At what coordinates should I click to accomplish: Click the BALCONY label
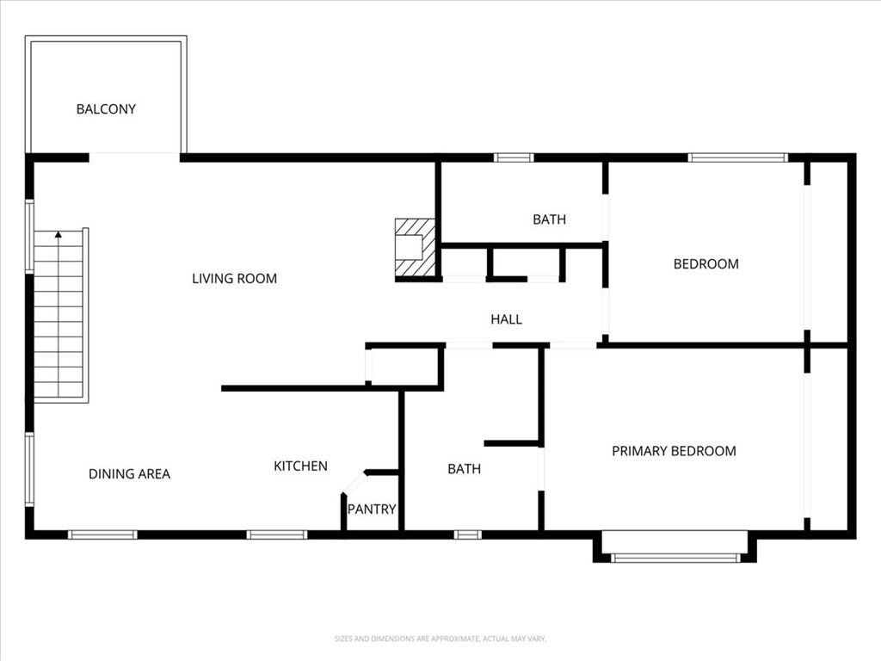tap(106, 109)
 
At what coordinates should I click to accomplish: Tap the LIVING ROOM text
tap(234, 278)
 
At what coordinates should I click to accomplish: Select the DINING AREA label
tap(129, 473)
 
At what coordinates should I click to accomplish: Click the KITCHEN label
tap(300, 466)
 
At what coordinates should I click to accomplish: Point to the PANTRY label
tap(372, 509)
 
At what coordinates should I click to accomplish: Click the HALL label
tap(506, 319)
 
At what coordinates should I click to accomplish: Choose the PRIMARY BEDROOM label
tap(674, 450)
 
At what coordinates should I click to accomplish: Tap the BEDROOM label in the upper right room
tap(705, 263)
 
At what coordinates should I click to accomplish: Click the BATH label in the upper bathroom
tap(549, 219)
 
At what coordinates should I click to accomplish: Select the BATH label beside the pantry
tap(464, 469)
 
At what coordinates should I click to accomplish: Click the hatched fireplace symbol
tap(415, 248)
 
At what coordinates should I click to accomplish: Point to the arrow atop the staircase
tap(59, 233)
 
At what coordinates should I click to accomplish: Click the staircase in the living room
tap(59, 318)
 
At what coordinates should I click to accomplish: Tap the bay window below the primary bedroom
tap(675, 557)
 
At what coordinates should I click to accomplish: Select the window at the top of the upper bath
tap(514, 158)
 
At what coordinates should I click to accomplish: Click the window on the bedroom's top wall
tap(738, 158)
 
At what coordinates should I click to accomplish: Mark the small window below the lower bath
tap(467, 534)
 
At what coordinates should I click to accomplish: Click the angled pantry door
tap(354, 482)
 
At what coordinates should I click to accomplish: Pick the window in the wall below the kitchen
tap(276, 534)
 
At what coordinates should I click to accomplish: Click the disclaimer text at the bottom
tap(440, 639)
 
